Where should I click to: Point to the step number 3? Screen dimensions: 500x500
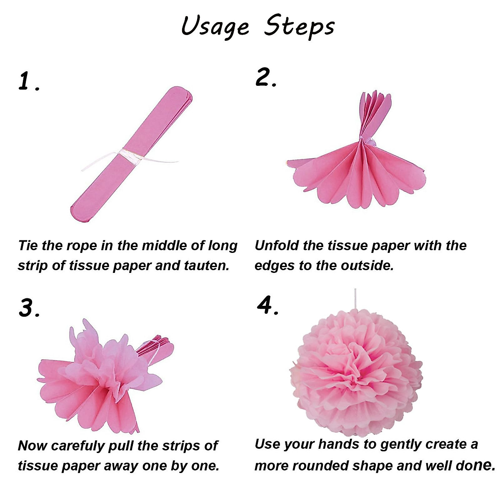click(x=28, y=308)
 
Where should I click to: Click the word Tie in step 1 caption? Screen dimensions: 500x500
click(x=28, y=245)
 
